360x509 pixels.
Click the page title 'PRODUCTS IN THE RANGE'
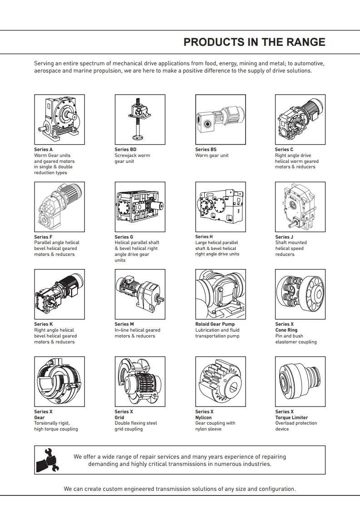pyautogui.click(x=254, y=42)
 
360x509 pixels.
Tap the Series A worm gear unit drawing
pyautogui.click(x=59, y=119)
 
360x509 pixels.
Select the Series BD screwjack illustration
pyautogui.click(x=140, y=119)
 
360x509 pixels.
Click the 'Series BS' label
pyautogui.click(x=206, y=150)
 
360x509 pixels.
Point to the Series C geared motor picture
pyautogui.click(x=300, y=119)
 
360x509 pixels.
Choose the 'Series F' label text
pyautogui.click(x=43, y=237)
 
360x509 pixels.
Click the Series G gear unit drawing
pyautogui.click(x=140, y=207)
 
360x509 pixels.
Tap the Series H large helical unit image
pyautogui.click(x=221, y=207)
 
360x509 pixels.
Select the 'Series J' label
pyautogui.click(x=284, y=237)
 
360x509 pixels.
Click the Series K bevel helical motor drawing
pyautogui.click(x=59, y=294)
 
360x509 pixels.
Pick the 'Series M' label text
pyautogui.click(x=124, y=324)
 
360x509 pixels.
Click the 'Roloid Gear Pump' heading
pyautogui.click(x=215, y=324)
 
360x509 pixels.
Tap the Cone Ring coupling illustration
pyautogui.click(x=300, y=294)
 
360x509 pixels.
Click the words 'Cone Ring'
pyautogui.click(x=286, y=330)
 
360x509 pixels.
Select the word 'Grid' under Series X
pyautogui.click(x=119, y=417)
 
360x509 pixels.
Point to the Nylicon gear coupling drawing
pyautogui.click(x=221, y=382)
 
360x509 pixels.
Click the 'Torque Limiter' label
pyautogui.click(x=291, y=417)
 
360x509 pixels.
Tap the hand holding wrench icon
pyautogui.click(x=48, y=460)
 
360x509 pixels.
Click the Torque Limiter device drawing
pyautogui.click(x=300, y=382)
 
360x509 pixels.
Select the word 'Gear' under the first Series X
pyautogui.click(x=39, y=417)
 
